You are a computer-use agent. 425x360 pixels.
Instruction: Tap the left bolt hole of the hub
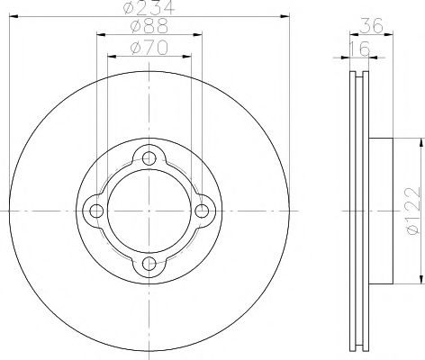click(x=95, y=211)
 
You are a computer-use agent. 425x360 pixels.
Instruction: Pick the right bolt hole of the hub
click(x=202, y=211)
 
